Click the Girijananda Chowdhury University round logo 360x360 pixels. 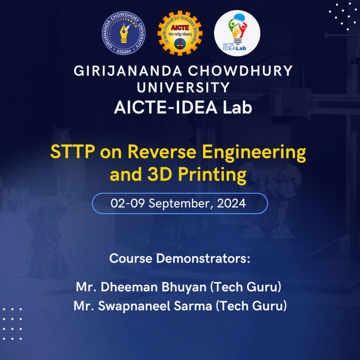pyautogui.click(x=123, y=33)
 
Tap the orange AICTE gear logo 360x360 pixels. pyautogui.click(x=180, y=33)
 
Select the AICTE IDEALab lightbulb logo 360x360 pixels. pyautogui.click(x=237, y=33)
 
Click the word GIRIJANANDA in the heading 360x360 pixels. pyautogui.click(x=128, y=71)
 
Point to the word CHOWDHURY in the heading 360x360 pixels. pyautogui.click(x=240, y=71)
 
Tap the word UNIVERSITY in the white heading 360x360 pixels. pyautogui.click(x=183, y=88)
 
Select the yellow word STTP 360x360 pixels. pyautogui.click(x=72, y=152)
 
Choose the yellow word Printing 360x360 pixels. pyautogui.click(x=212, y=176)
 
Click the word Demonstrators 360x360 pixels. pyautogui.click(x=203, y=258)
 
